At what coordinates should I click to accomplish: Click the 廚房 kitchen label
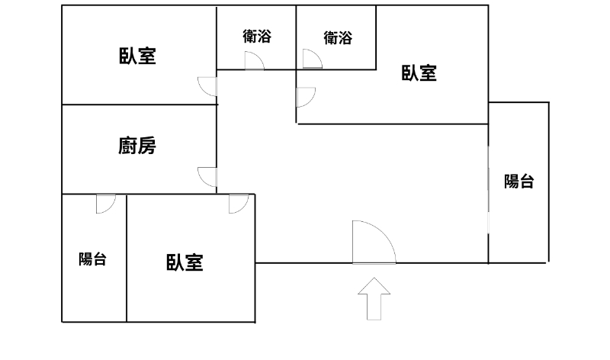point(137,146)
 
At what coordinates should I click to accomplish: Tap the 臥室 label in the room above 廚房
point(137,56)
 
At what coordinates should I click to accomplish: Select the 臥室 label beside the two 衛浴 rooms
point(419,73)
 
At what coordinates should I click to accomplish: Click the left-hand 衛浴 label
point(257,36)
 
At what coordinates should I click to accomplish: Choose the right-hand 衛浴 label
point(337,37)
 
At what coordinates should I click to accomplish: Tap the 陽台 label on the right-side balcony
point(518,182)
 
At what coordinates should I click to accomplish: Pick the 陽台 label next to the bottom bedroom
point(92,259)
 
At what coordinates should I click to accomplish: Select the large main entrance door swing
point(372,243)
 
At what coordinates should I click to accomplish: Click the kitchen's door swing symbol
point(207,176)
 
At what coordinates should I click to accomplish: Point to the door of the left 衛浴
point(254,62)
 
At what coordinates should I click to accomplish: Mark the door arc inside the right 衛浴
point(312,59)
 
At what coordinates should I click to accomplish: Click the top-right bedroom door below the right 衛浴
point(305,97)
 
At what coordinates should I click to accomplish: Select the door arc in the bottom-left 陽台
point(105,203)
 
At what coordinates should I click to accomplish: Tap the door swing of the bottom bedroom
point(238,204)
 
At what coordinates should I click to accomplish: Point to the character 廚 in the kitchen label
point(127,146)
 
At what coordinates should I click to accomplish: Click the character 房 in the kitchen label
point(147,146)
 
